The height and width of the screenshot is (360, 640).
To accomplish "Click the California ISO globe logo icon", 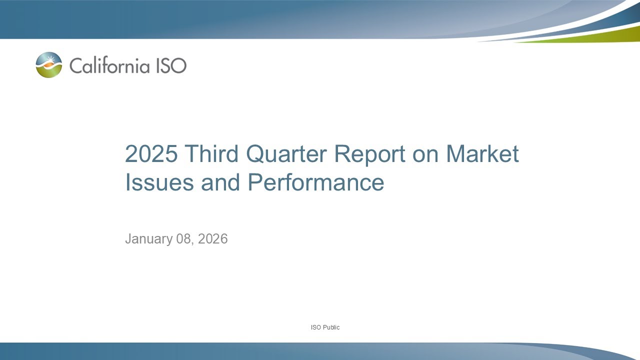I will pyautogui.click(x=49, y=65).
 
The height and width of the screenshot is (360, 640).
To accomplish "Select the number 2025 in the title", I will pyautogui.click(x=151, y=154).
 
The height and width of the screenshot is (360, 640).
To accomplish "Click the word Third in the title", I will pyautogui.click(x=212, y=154).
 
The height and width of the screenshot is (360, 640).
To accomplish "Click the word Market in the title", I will pyautogui.click(x=482, y=154).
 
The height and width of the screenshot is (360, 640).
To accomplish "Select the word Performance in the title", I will pyautogui.click(x=316, y=182).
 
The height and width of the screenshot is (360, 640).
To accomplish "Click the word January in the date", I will pyautogui.click(x=148, y=239).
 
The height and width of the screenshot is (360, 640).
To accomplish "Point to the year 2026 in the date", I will pyautogui.click(x=213, y=239).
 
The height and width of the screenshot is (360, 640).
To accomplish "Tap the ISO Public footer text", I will pyautogui.click(x=325, y=327).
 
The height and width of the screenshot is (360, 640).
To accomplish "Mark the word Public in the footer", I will pyautogui.click(x=331, y=327).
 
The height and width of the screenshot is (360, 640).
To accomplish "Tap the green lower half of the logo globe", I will pyautogui.click(x=49, y=72).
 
